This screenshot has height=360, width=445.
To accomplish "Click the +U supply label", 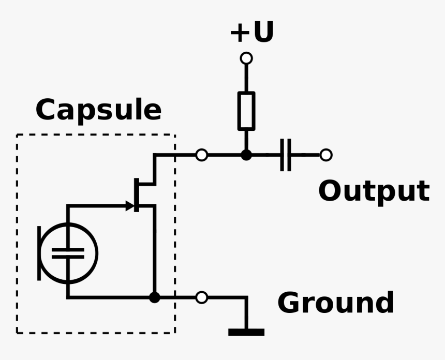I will point(252,33).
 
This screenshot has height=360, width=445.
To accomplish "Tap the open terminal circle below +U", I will point(246,58).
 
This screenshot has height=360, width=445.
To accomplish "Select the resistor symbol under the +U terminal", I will point(246,111).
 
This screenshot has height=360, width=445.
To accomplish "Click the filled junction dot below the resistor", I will point(246,155).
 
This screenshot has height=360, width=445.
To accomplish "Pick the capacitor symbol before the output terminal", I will point(286,155).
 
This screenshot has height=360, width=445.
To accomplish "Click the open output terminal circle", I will point(326,155).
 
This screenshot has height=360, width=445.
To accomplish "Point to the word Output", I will point(373,191).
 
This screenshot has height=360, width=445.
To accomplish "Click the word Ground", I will point(335,303).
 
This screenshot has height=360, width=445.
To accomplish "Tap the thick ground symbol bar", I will point(246,332).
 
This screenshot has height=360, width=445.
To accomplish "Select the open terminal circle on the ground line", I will point(202,297).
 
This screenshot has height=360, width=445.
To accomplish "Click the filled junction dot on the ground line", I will point(154,297).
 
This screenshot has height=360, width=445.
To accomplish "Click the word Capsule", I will point(98,110).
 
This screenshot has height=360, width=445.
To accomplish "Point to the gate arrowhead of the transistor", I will point(130,206).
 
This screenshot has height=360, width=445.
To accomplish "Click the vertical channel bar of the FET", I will point(137,194).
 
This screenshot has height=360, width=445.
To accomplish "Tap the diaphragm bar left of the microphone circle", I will point(39,253).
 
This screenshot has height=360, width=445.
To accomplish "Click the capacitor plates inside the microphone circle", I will point(68,253).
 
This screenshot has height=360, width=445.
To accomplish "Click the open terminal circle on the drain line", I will point(202,155).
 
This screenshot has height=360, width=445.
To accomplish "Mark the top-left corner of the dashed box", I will point(17,135).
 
